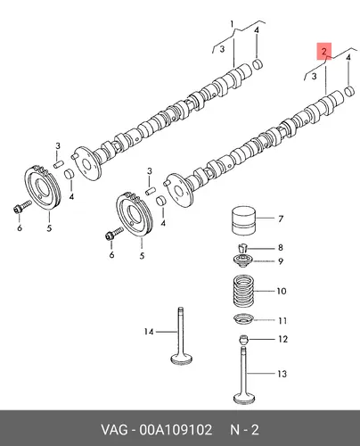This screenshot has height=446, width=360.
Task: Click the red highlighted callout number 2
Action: (324, 51)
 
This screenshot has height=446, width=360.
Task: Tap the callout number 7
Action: (281, 219)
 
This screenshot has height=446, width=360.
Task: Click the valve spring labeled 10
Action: (243, 291)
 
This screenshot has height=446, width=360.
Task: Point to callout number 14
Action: (149, 331)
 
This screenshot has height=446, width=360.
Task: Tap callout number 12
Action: (283, 339)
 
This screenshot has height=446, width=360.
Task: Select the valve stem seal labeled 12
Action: (243, 339)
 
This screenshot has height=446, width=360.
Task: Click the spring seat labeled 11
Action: (243, 320)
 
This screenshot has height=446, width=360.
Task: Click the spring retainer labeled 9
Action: (243, 260)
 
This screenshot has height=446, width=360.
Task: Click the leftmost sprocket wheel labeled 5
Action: (43, 187)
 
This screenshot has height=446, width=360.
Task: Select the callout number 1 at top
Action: (233, 24)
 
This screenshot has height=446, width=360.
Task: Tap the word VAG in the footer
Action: (114, 430)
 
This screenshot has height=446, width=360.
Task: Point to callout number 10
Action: (282, 291)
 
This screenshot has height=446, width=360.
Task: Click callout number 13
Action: (282, 374)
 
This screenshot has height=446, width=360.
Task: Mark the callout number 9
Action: (281, 261)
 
